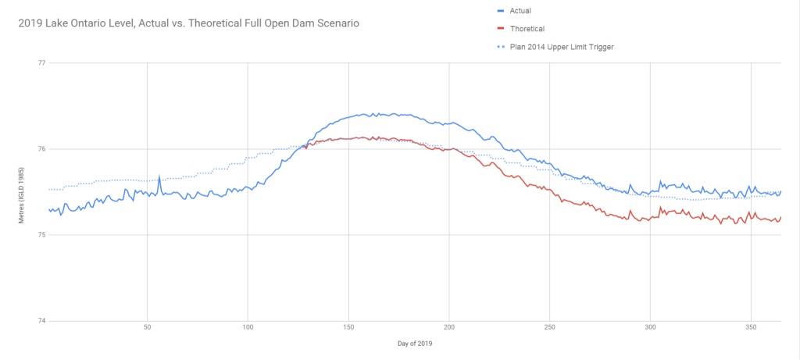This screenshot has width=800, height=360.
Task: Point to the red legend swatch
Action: (502, 29)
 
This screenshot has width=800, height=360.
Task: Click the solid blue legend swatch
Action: (502, 11)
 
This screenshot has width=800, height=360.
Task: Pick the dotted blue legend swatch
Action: (502, 47)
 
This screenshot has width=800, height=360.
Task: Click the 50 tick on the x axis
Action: (147, 328)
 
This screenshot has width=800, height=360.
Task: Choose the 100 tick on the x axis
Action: (248, 328)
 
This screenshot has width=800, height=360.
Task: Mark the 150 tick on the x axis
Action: (348, 328)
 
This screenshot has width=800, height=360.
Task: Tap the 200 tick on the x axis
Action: (449, 328)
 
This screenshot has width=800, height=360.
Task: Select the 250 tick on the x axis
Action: (550, 328)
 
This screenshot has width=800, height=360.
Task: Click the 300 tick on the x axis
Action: (651, 328)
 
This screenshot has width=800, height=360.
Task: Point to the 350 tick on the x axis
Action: (752, 328)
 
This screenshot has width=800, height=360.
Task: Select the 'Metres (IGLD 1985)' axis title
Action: (22, 192)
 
